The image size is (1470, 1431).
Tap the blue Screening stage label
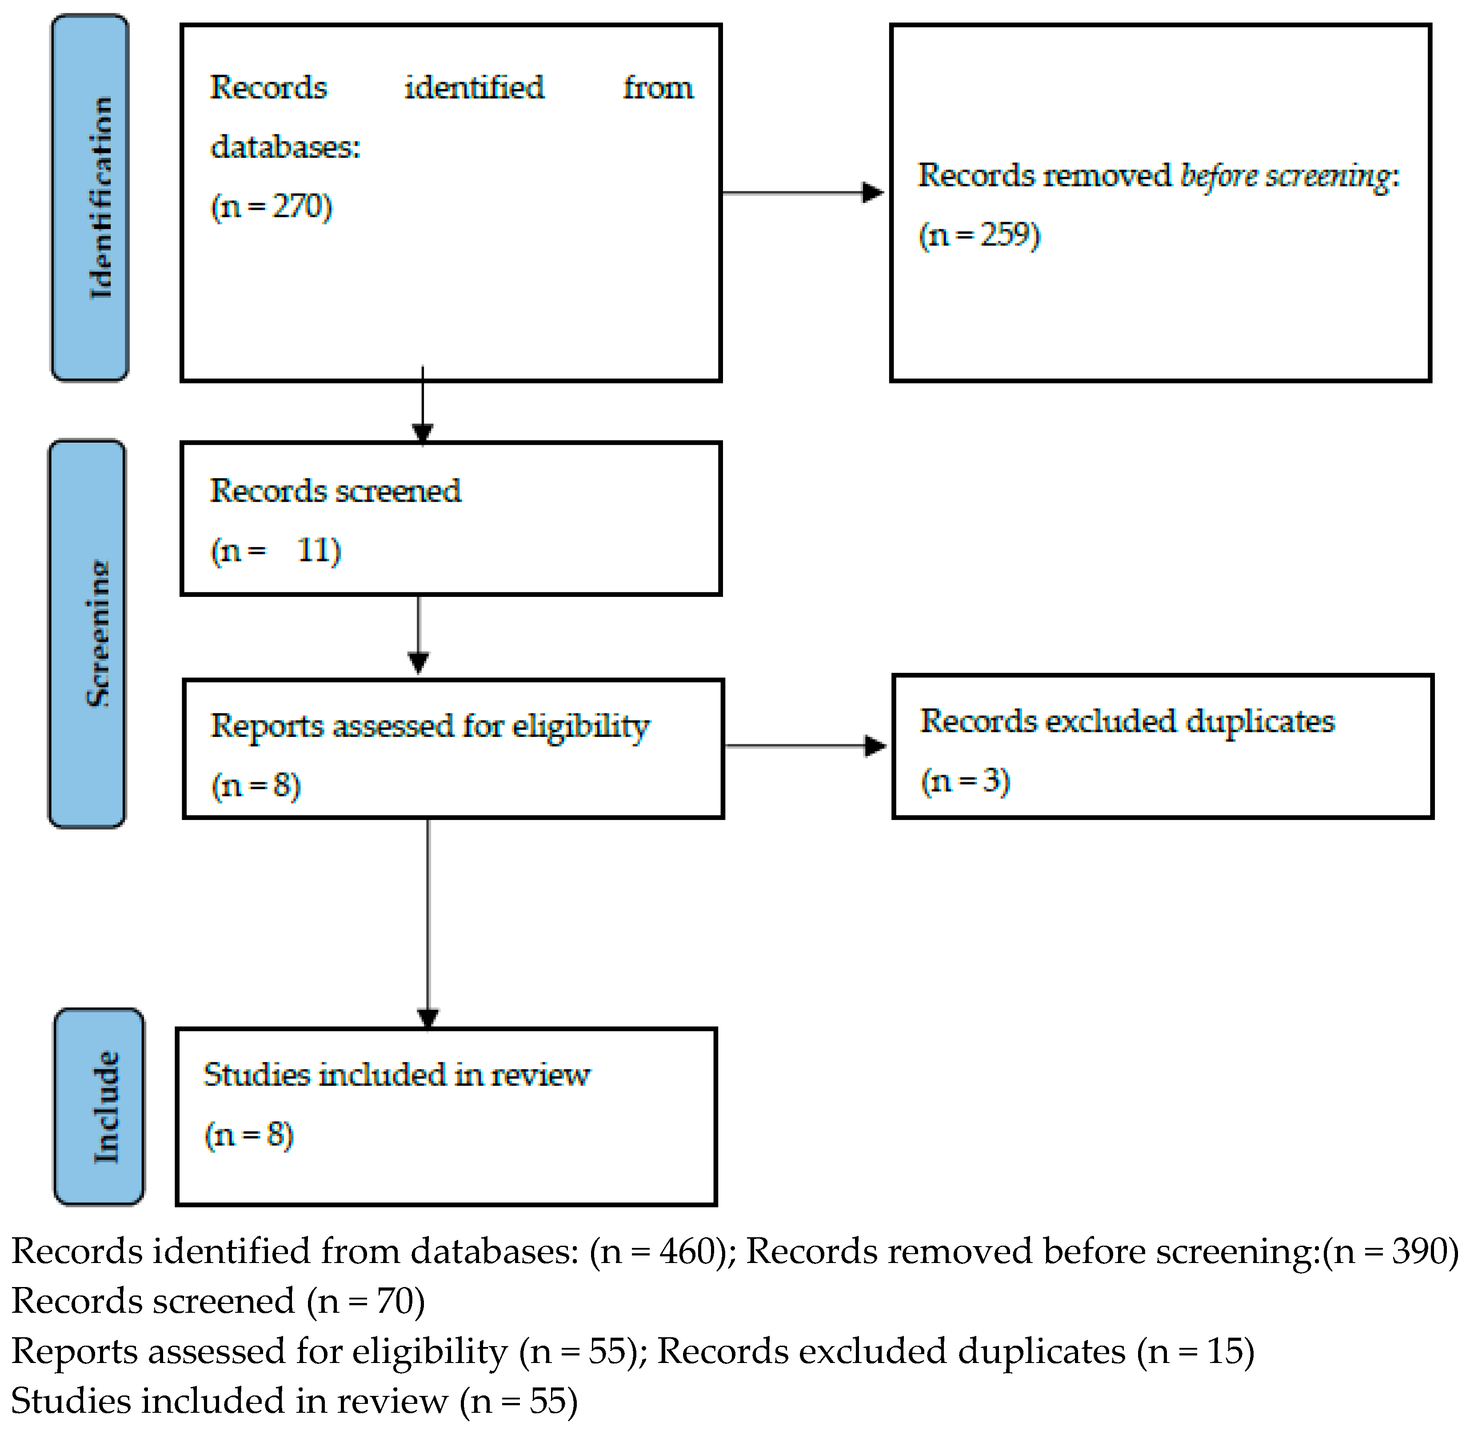point(87,634)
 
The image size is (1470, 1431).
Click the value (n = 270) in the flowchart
point(272,206)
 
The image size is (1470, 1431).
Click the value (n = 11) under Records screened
point(276,551)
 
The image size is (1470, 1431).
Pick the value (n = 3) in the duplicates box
point(965,781)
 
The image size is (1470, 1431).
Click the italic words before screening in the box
point(1285,176)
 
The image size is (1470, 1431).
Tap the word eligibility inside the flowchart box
point(580,727)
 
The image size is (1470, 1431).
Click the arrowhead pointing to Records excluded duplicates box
point(875,746)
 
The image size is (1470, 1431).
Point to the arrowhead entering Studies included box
point(427,1019)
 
